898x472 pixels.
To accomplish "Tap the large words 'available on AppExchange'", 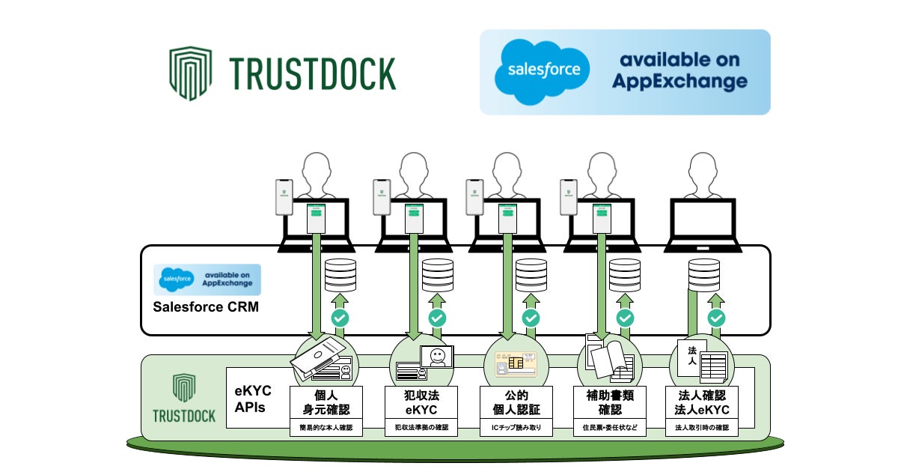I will pos(679,71).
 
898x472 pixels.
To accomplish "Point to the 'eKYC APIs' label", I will pos(254,399).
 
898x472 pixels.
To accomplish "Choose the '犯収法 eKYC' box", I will pos(421,403).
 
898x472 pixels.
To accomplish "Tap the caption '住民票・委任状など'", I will pos(610,429).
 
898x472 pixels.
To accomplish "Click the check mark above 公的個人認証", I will pos(531,318).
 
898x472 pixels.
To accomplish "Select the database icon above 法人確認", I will pos(704,275).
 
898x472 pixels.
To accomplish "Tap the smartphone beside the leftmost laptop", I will pos(284,196).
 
